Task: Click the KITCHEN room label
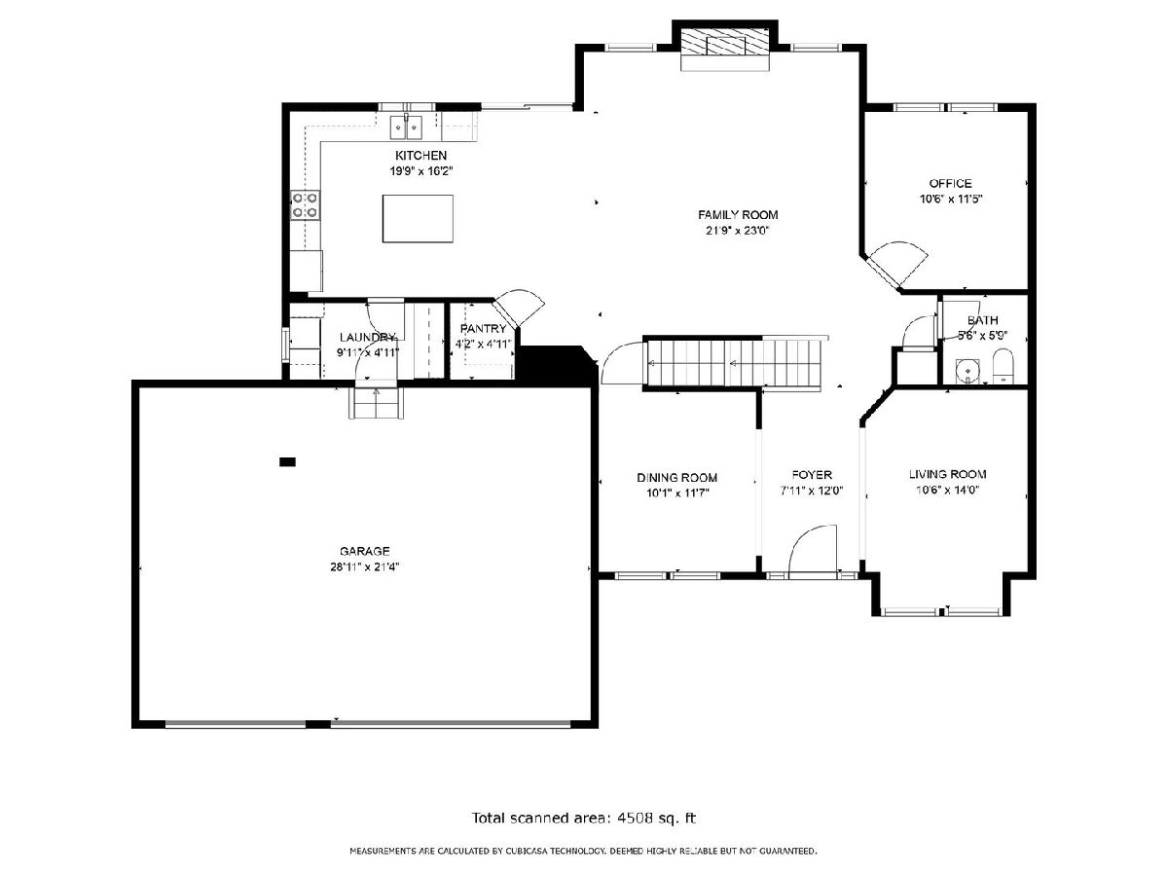tap(420, 156)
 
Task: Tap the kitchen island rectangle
tap(418, 219)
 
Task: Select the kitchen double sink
tap(406, 128)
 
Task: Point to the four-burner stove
tap(305, 205)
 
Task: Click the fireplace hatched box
tap(725, 41)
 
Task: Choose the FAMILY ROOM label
tap(738, 215)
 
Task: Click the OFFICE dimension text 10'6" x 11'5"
tap(950, 200)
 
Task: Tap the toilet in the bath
tap(1004, 366)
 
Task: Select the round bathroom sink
tap(967, 370)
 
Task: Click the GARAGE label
tap(364, 551)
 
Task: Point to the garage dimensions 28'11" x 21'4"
tap(364, 567)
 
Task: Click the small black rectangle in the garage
tap(287, 461)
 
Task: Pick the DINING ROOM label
tap(676, 478)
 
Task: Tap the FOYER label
tap(812, 474)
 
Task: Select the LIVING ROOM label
tap(947, 474)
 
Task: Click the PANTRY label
tap(483, 329)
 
